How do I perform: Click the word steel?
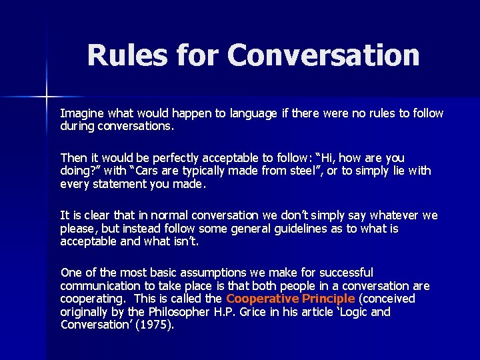[x=291, y=171]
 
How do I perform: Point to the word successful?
[x=347, y=273]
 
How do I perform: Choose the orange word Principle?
[x=326, y=299]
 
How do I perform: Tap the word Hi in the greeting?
[x=328, y=158]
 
